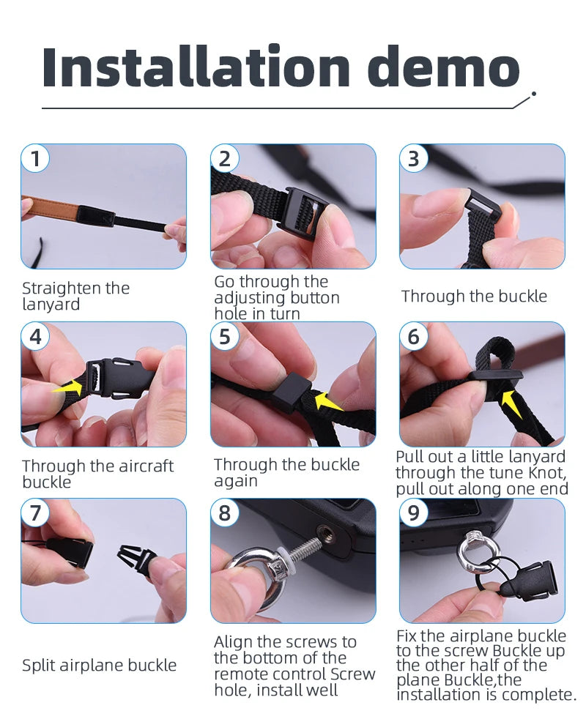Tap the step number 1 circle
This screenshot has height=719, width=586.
tap(35, 158)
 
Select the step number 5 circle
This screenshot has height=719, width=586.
tap(225, 336)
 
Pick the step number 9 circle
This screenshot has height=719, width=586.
tap(415, 513)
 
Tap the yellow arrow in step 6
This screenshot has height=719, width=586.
tap(512, 402)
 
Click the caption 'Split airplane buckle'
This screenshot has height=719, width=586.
tap(100, 665)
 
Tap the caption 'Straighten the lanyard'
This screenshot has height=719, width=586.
tap(75, 296)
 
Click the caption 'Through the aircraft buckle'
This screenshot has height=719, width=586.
tap(97, 474)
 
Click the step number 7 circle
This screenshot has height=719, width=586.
tap(35, 513)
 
